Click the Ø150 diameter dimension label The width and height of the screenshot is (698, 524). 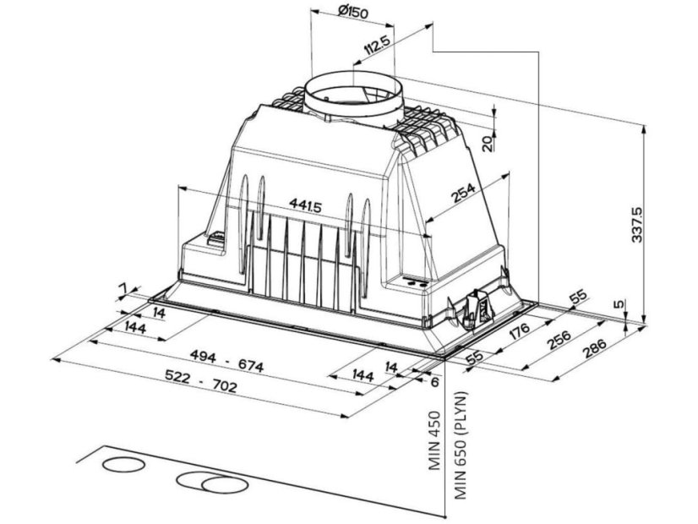pyautogui.click(x=353, y=12)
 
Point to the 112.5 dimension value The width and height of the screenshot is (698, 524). pyautogui.click(x=377, y=46)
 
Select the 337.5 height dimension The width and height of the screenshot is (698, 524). pyautogui.click(x=637, y=224)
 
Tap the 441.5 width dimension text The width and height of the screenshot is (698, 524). pyautogui.click(x=305, y=205)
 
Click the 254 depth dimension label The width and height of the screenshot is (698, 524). pyautogui.click(x=463, y=193)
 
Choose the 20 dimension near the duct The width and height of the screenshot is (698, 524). pyautogui.click(x=488, y=144)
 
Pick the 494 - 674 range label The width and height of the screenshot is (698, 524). pyautogui.click(x=226, y=360)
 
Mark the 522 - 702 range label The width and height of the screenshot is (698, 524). pyautogui.click(x=201, y=380)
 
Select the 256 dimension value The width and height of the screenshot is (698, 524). pyautogui.click(x=559, y=338)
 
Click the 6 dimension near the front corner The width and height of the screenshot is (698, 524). pyautogui.click(x=434, y=381)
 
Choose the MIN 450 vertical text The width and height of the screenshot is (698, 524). pyautogui.click(x=434, y=441)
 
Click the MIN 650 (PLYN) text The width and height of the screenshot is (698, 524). pyautogui.click(x=461, y=445)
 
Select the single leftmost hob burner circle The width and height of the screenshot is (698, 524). pyautogui.click(x=123, y=464)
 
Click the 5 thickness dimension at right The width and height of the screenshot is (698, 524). pyautogui.click(x=617, y=304)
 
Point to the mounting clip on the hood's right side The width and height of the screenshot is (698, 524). pyautogui.click(x=479, y=310)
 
